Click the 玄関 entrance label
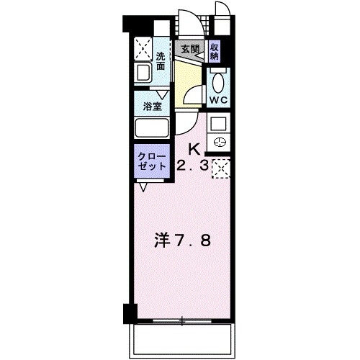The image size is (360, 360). click(x=190, y=49)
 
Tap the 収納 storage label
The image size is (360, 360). click(x=214, y=52)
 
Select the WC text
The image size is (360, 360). click(x=218, y=100)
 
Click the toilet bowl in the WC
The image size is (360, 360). click(x=218, y=83)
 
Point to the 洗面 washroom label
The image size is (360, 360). click(x=161, y=61)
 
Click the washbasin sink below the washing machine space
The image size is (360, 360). click(x=143, y=73)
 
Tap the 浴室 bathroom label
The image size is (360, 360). click(x=152, y=106)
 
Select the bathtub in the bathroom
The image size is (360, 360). click(x=152, y=128)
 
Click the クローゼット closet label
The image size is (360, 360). click(x=152, y=161)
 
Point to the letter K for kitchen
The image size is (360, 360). click(x=194, y=150)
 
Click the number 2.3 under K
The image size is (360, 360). click(x=192, y=165)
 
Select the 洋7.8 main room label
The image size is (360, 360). click(x=182, y=241)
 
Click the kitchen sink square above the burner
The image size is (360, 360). click(x=218, y=124)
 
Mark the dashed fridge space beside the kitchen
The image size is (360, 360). click(x=221, y=168)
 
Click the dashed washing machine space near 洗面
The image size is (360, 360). click(x=143, y=49)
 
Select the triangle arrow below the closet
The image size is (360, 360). click(x=143, y=187)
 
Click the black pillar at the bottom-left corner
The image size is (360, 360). click(x=130, y=313)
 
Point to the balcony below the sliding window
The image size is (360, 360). click(x=182, y=341)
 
